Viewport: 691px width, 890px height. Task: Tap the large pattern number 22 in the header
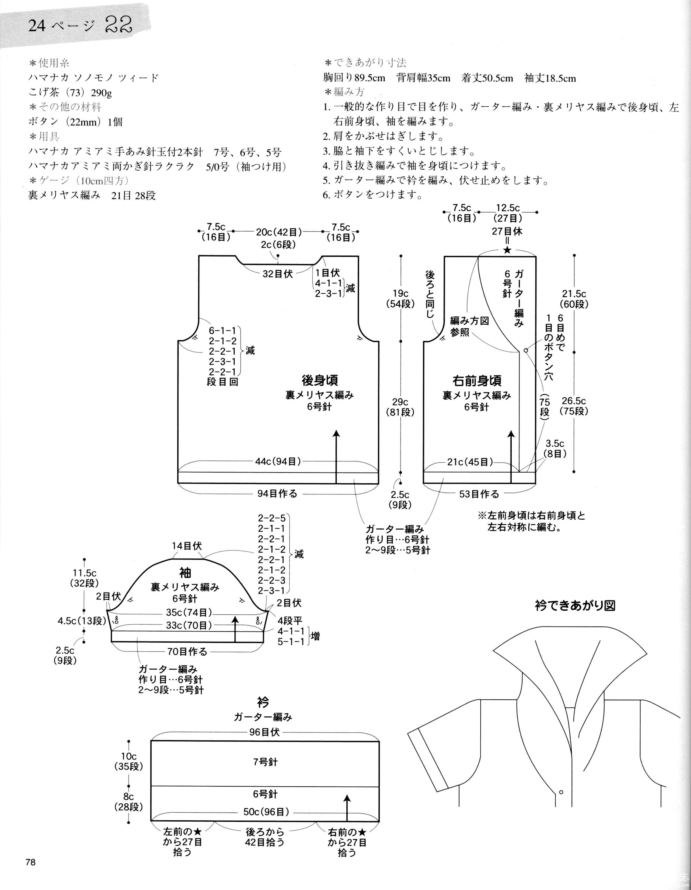coord(119,25)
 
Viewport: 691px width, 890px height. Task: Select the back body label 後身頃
coord(320,380)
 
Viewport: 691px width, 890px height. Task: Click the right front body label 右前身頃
coord(477,381)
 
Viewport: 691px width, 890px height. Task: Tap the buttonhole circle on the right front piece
coord(526,350)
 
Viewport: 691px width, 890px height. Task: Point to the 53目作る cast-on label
coord(479,494)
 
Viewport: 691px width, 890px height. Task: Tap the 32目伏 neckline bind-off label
coord(278,274)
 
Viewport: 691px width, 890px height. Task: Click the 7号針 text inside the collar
coord(265,762)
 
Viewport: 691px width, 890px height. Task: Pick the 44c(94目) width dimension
coord(278,461)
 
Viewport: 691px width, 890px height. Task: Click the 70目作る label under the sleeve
coord(187,652)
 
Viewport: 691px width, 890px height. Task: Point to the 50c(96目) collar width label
coord(266,812)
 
